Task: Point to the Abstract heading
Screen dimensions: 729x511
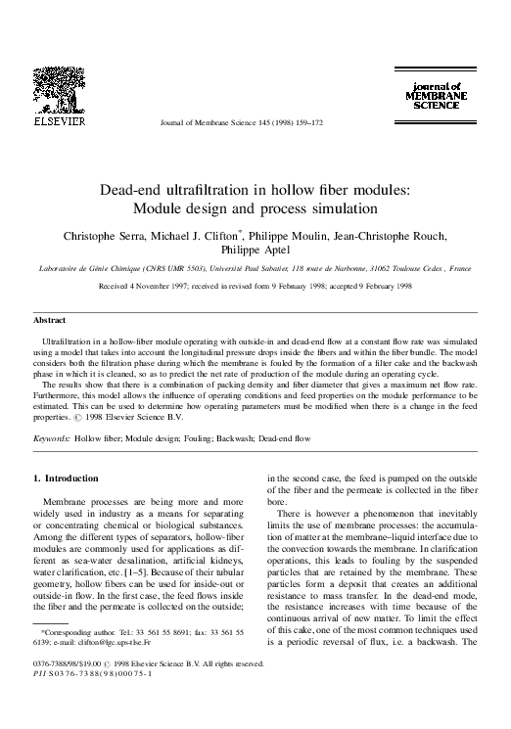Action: (x=50, y=320)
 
